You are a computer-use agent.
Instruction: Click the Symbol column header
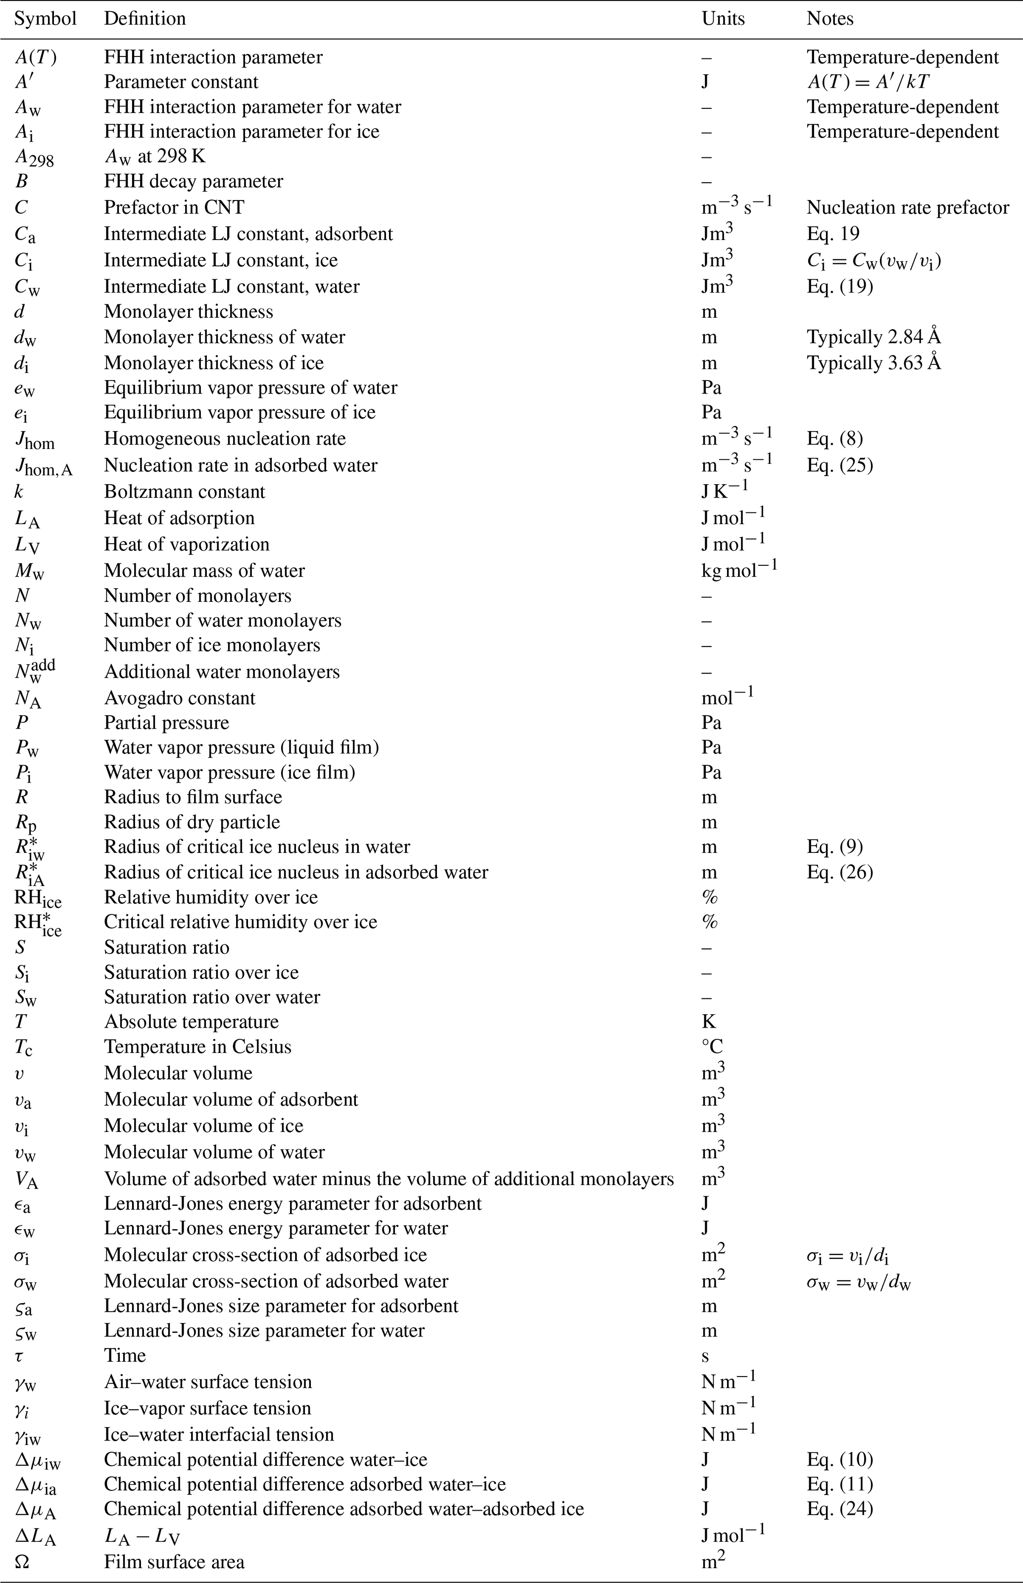(x=45, y=19)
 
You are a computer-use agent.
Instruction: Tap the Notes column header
(x=829, y=19)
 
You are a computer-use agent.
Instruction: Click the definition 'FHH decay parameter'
(x=194, y=181)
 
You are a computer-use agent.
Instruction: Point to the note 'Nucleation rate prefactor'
(x=907, y=208)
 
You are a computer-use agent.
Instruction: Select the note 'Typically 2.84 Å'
(x=874, y=337)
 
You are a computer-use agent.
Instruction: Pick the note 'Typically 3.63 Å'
(x=874, y=363)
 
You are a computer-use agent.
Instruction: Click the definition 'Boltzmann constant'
(x=184, y=492)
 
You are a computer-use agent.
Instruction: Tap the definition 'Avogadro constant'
(x=179, y=698)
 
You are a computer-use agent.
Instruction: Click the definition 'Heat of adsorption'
(x=179, y=518)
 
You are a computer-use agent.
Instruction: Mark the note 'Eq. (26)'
(x=840, y=872)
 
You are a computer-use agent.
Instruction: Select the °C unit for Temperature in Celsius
(x=712, y=1047)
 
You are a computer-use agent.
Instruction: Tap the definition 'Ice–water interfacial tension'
(x=219, y=1435)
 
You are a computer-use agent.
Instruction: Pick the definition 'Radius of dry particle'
(x=192, y=822)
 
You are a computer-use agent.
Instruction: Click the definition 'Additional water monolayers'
(x=222, y=672)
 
